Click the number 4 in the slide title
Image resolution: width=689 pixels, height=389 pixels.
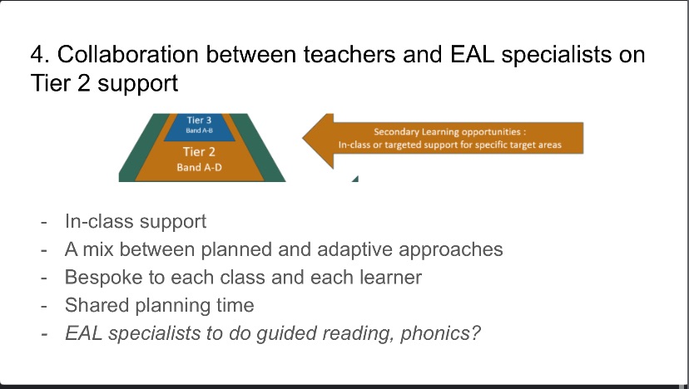37,55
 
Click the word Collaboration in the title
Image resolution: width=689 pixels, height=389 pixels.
128,54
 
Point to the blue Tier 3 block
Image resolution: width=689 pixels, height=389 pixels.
200,127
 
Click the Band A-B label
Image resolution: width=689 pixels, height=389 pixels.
200,130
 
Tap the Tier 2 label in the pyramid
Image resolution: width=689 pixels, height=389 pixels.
199,152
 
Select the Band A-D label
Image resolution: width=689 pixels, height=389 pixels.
200,167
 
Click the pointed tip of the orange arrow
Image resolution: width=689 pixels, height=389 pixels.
303,137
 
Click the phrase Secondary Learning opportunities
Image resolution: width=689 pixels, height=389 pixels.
447,131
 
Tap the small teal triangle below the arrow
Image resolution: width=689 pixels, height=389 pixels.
355,180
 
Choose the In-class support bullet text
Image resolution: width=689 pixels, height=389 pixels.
136,222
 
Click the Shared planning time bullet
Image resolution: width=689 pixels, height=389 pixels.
160,306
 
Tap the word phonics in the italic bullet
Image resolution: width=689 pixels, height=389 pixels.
440,333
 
